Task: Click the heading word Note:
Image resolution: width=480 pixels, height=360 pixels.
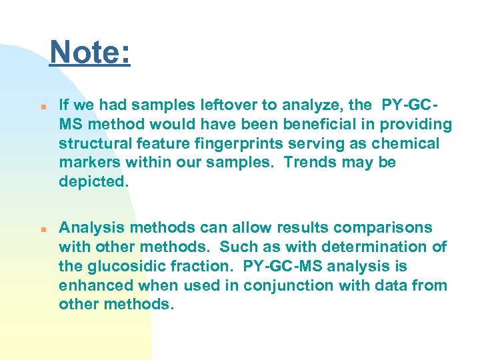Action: pos(90,52)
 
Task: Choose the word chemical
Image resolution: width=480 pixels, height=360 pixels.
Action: pos(407,143)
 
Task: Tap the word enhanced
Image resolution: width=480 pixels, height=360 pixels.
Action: pos(93,285)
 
